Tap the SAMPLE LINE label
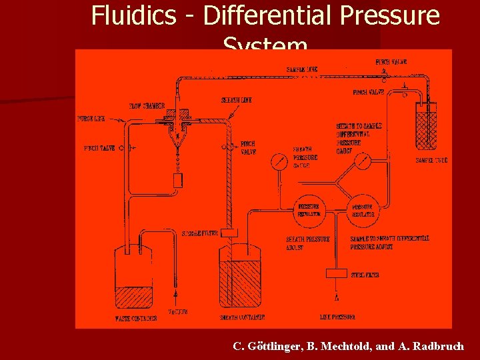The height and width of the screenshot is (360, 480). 301,69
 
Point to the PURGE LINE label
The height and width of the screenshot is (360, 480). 91,119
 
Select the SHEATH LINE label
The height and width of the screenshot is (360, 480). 236,101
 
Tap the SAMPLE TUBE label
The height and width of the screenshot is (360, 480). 431,161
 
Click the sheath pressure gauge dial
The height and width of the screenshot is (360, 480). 280,162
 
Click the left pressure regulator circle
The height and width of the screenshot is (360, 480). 309,210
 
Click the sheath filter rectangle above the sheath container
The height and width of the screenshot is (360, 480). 229,233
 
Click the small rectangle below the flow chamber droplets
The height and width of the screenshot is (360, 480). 177,180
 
